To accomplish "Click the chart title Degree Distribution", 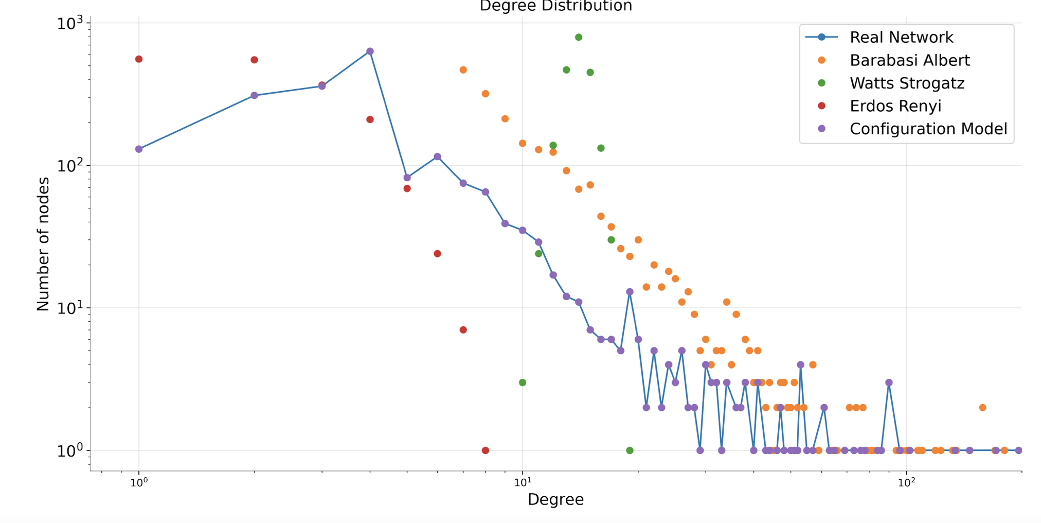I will pos(555,6).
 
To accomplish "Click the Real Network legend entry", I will pos(901,38).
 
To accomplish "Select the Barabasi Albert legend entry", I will pos(909,61).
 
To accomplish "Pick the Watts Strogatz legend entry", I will pos(907,83).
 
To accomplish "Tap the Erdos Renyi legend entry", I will pos(895,106).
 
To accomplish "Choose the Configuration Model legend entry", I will pos(928,129).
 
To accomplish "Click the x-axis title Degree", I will pos(555,499).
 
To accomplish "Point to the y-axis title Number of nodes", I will pos(43,244).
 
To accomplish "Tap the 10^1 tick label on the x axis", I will pos(523,482).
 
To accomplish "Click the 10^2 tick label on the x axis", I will pos(906,482).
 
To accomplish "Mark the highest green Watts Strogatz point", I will pos(579,37).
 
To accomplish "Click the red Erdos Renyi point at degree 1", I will pos(139,59).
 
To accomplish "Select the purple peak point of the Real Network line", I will pos(370,51).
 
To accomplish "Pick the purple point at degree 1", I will pos(139,149).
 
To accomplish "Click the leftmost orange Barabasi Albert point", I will pos(463,70).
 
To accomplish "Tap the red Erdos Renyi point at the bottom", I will pos(486,450).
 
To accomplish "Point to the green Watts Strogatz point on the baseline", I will pos(630,450).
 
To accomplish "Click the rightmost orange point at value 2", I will pos(982,408).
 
